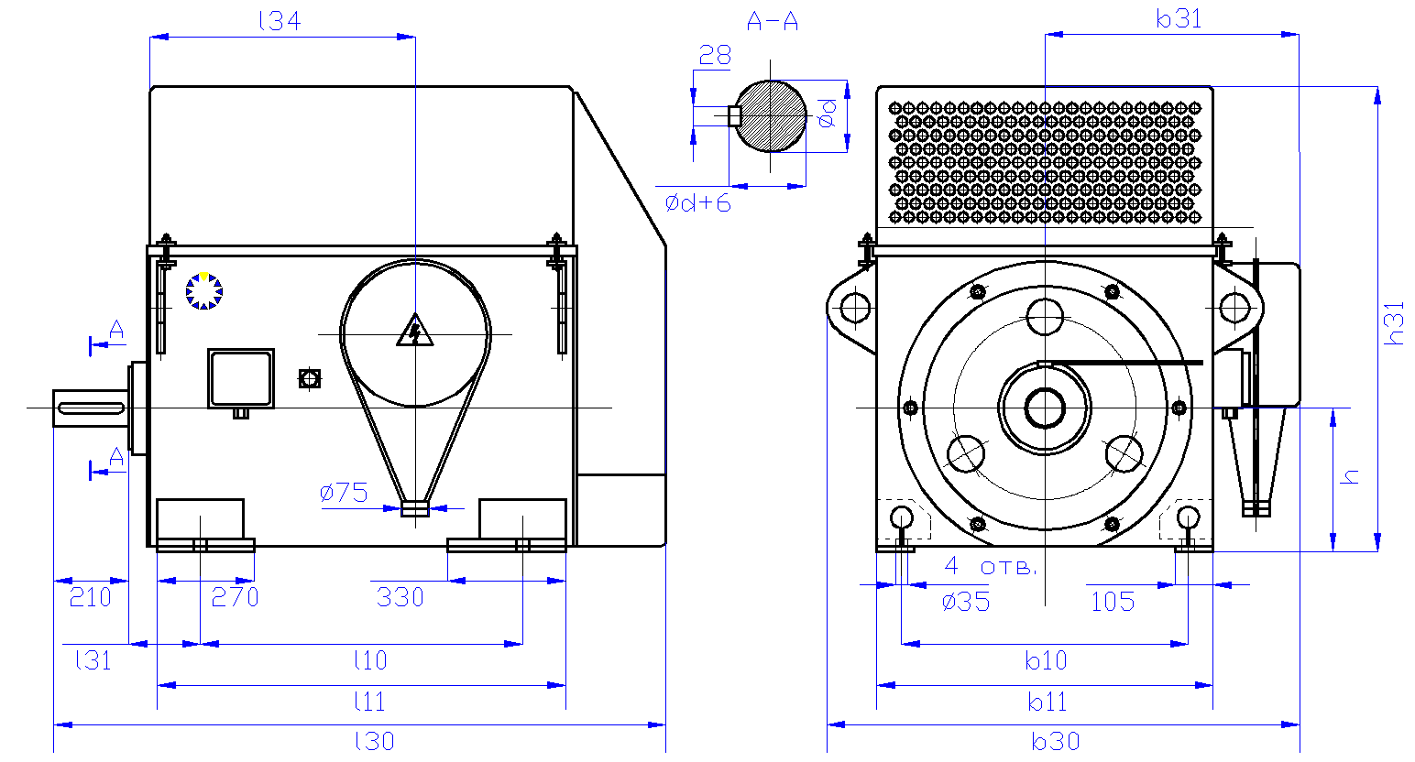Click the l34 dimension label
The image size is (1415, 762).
pyautogui.click(x=280, y=21)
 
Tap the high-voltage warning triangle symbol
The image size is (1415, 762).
pyautogui.click(x=414, y=331)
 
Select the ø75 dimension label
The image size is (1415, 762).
pyautogui.click(x=344, y=493)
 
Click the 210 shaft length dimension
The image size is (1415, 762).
pyautogui.click(x=90, y=597)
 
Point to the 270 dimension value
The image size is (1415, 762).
pyautogui.click(x=235, y=597)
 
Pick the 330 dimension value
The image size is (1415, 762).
pyautogui.click(x=400, y=597)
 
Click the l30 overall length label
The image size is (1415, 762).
pyautogui.click(x=374, y=740)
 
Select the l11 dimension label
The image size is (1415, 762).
pyautogui.click(x=369, y=702)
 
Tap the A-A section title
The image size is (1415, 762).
pyautogui.click(x=773, y=21)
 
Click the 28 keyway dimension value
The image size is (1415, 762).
pyautogui.click(x=715, y=56)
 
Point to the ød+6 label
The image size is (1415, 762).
pyautogui.click(x=698, y=202)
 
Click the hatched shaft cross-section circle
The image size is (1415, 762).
pyautogui.click(x=772, y=115)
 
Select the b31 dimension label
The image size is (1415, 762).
pyautogui.click(x=1179, y=19)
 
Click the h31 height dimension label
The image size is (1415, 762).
pyautogui.click(x=1393, y=322)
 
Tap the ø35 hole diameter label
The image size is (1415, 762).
pyautogui.click(x=966, y=602)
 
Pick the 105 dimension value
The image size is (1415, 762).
pyautogui.click(x=1113, y=602)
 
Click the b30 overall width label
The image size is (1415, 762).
pyautogui.click(x=1056, y=740)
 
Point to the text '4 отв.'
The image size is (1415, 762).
pyautogui.click(x=991, y=566)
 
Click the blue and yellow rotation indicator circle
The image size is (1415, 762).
pyautogui.click(x=203, y=291)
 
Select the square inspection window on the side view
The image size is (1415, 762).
pyautogui.click(x=241, y=378)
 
